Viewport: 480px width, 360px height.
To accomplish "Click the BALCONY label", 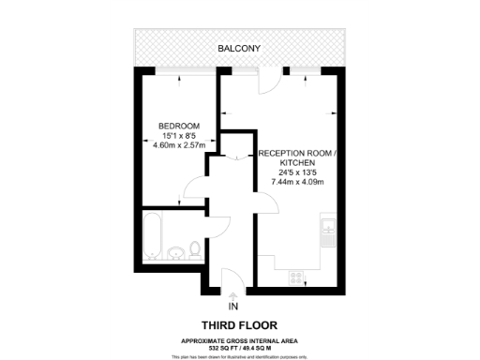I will [x=239, y=48].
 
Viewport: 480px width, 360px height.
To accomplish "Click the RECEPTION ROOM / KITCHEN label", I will [x=292, y=157].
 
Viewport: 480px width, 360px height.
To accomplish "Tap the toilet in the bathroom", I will [x=194, y=250].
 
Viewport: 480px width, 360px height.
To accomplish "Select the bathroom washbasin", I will [x=175, y=253].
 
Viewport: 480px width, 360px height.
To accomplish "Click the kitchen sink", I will [x=327, y=232].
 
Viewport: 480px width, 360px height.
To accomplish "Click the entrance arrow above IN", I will [x=232, y=294].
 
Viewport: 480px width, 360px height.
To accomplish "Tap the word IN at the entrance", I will [x=232, y=307].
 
